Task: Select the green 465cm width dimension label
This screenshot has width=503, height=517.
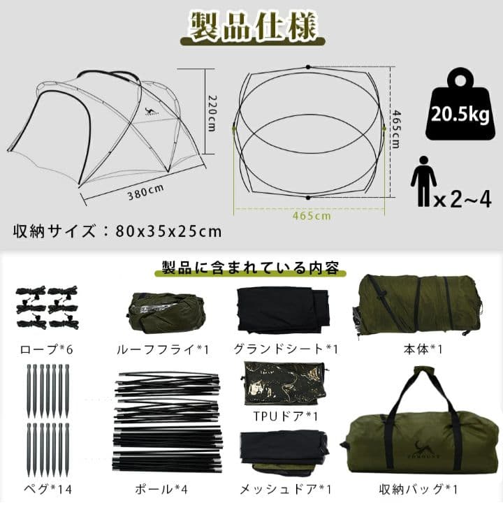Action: tap(312, 217)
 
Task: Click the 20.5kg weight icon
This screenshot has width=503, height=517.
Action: tap(459, 105)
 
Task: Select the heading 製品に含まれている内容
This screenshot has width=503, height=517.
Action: tap(251, 268)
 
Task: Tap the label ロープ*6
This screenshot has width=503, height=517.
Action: tap(45, 347)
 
